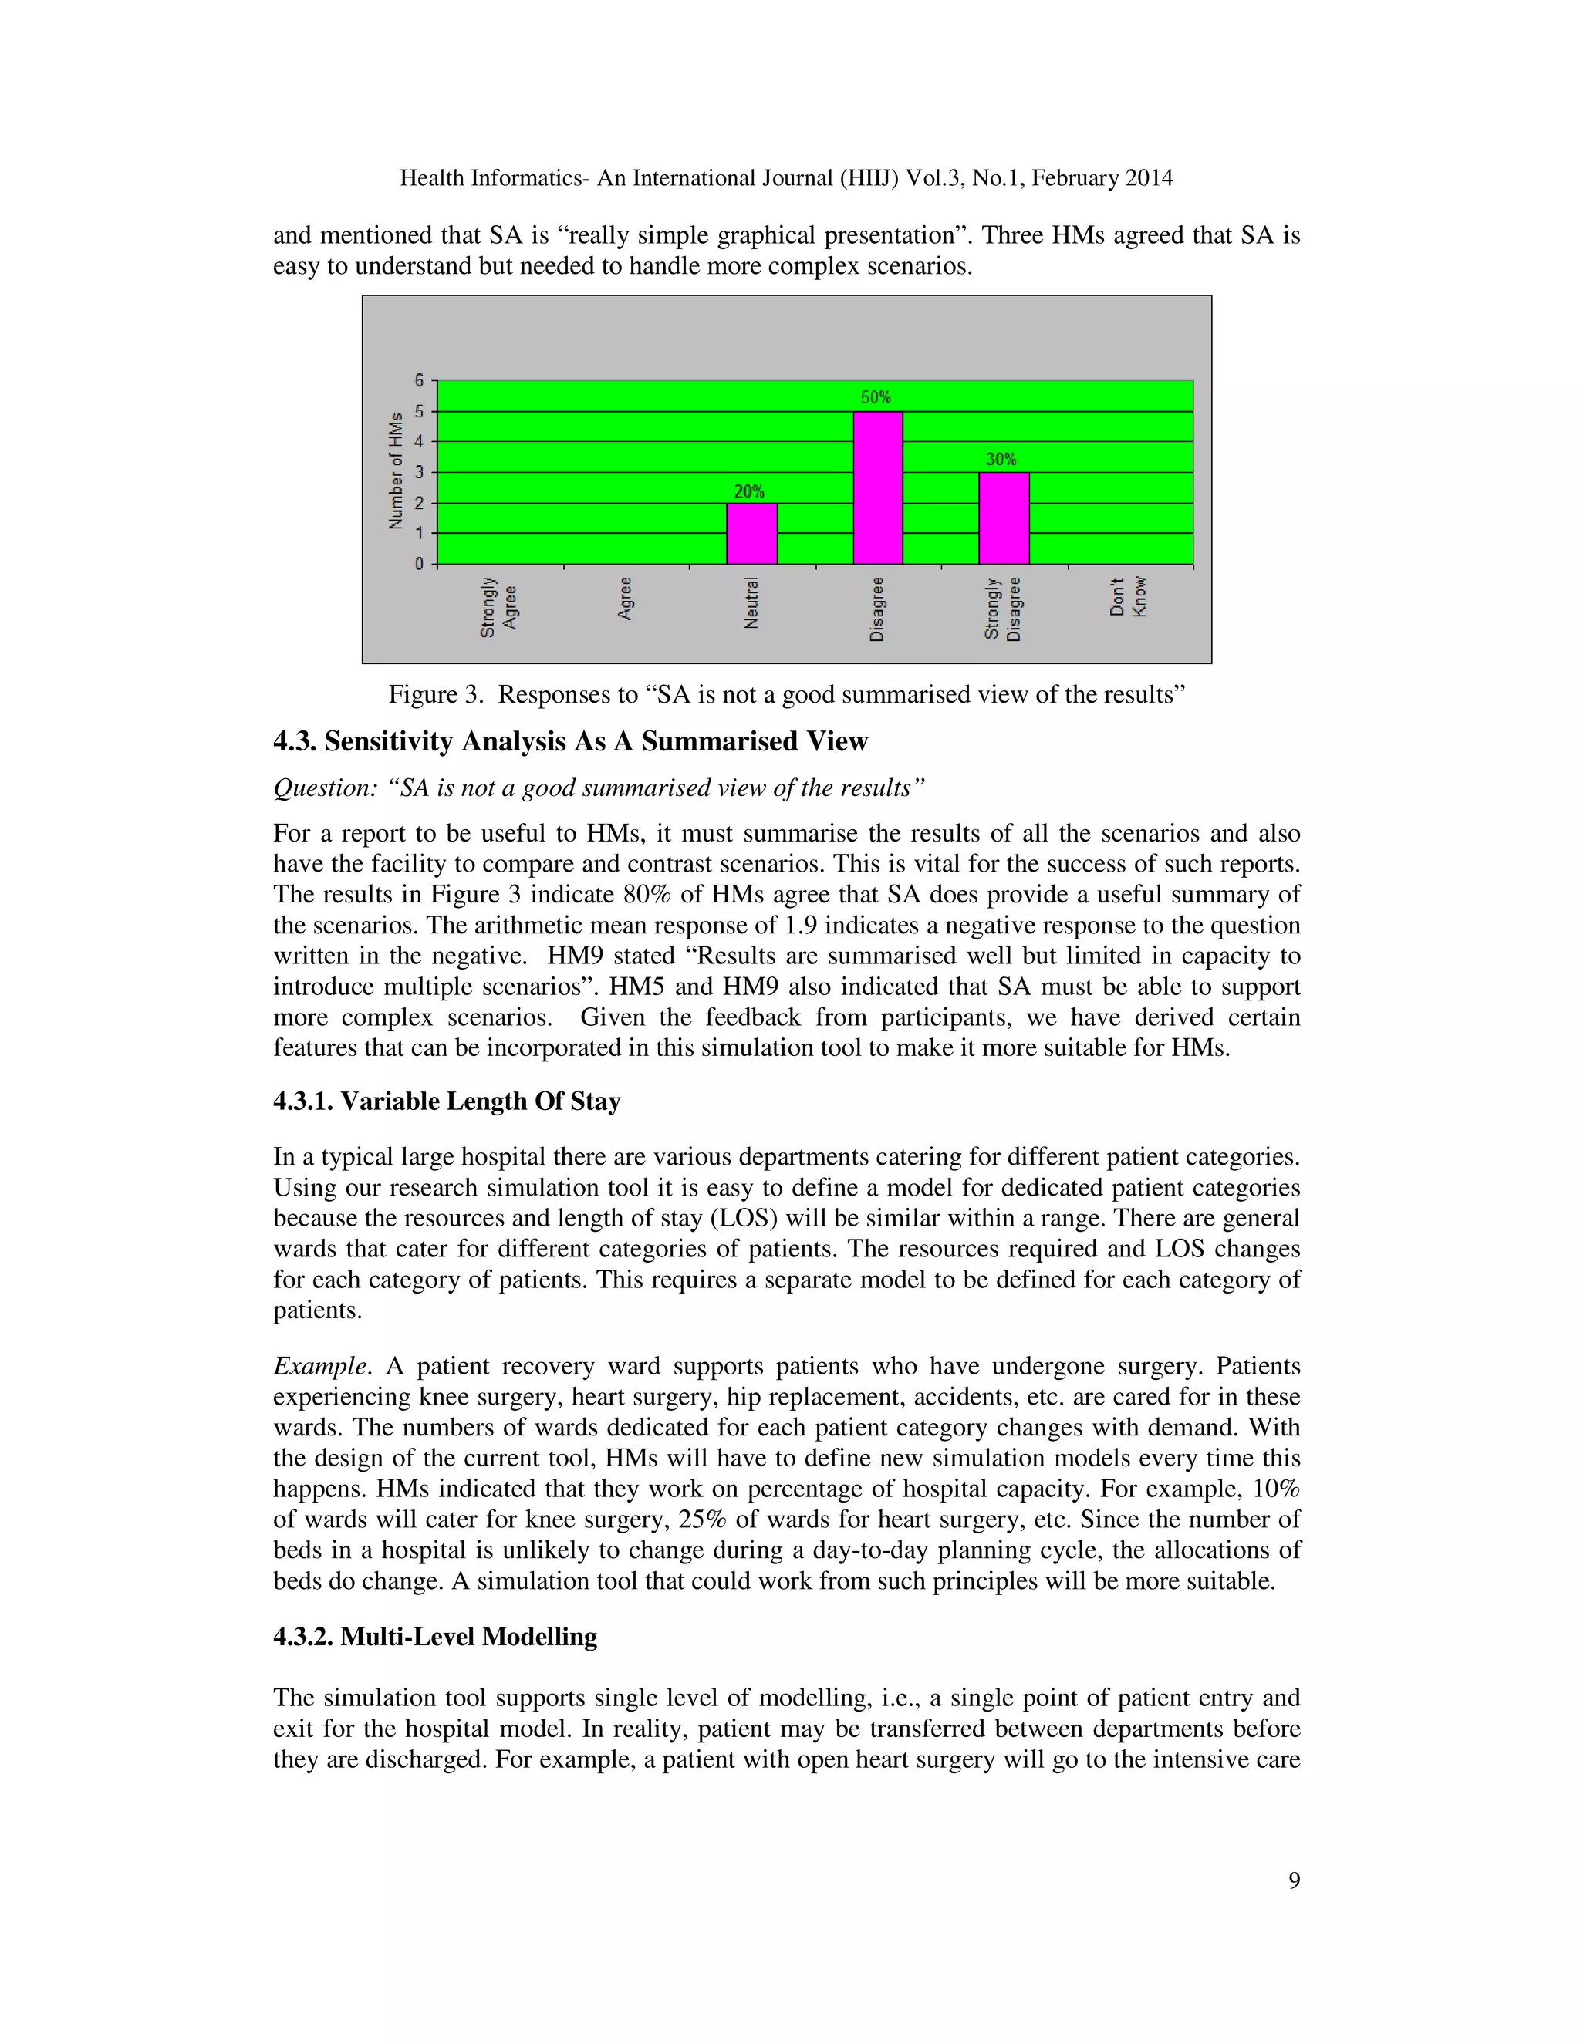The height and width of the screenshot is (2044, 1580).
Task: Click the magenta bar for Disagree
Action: coord(877,487)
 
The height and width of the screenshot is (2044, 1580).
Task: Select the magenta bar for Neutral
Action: coord(751,534)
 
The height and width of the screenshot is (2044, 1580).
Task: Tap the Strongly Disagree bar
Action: coord(1004,518)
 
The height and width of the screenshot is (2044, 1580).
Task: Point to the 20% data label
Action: coord(749,491)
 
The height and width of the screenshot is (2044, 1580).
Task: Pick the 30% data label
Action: coord(1001,460)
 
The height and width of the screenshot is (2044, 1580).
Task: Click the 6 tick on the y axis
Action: coord(420,381)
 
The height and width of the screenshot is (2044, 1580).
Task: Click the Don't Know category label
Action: coord(1128,597)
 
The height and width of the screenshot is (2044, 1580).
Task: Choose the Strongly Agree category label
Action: coord(498,607)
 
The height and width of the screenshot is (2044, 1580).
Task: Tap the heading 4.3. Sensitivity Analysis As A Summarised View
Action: coord(570,741)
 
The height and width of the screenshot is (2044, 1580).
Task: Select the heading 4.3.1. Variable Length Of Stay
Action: coord(447,1101)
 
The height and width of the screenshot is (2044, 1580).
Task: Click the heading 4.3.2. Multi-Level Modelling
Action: coord(434,1637)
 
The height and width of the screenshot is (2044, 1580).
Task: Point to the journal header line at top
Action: coord(786,178)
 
